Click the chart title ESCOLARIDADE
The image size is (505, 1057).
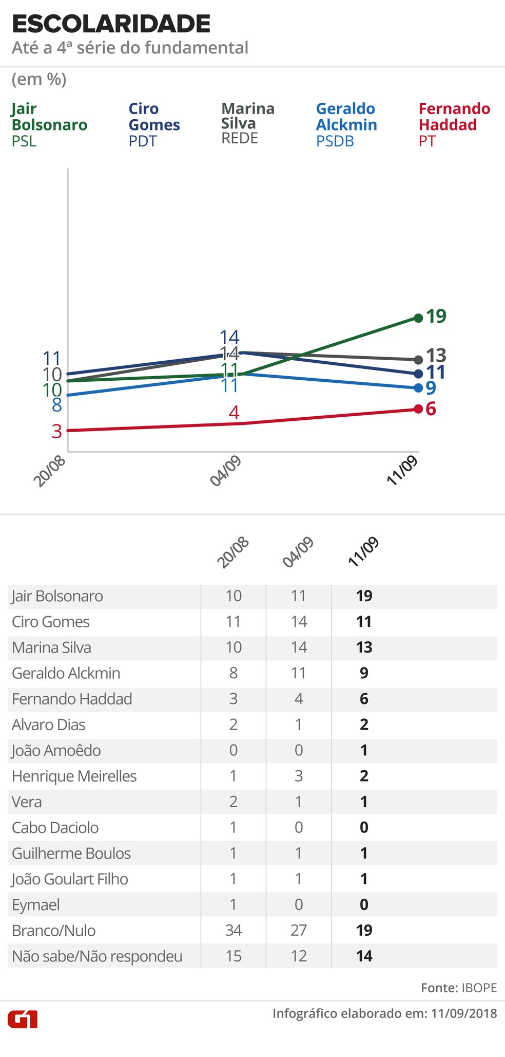tap(111, 24)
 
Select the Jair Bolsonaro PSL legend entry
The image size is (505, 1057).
tap(49, 124)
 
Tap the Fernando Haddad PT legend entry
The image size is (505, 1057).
tap(454, 124)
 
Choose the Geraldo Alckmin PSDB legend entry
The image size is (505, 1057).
tap(346, 124)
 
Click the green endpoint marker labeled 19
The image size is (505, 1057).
tap(418, 318)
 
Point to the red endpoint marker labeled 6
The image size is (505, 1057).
tap(418, 409)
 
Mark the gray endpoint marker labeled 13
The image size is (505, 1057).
tap(418, 360)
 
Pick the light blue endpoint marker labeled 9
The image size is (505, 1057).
tap(418, 388)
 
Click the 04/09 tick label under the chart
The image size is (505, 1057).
tap(226, 471)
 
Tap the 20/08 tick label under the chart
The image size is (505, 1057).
tap(50, 471)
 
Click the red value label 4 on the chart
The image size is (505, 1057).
tap(234, 413)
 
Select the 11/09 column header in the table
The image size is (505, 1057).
tap(363, 552)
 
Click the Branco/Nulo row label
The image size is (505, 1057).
tap(54, 931)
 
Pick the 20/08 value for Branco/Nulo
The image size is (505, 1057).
tap(234, 931)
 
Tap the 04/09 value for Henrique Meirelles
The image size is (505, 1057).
tap(299, 776)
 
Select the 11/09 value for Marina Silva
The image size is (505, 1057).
tap(364, 647)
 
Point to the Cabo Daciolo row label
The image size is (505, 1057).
tap(55, 828)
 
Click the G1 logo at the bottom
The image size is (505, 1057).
tap(23, 1019)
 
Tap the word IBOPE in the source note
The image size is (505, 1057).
tap(479, 988)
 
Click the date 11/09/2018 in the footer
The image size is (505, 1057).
tap(464, 1013)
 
